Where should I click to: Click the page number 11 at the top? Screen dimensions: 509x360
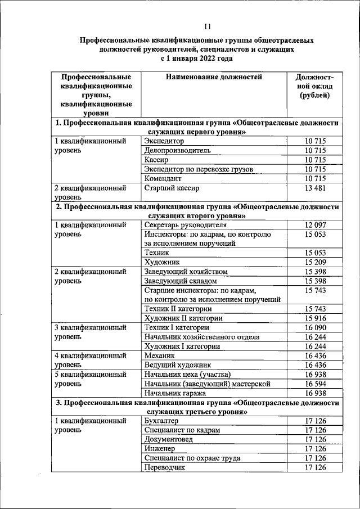[207, 26]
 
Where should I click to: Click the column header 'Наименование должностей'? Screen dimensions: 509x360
[214, 77]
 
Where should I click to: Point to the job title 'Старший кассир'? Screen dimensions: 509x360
[172, 188]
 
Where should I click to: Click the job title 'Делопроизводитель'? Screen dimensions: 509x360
[177, 151]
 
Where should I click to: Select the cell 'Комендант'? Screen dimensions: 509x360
[164, 178]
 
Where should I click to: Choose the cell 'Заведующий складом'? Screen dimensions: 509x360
[180, 281]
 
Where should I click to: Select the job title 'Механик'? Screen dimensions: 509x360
[160, 356]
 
